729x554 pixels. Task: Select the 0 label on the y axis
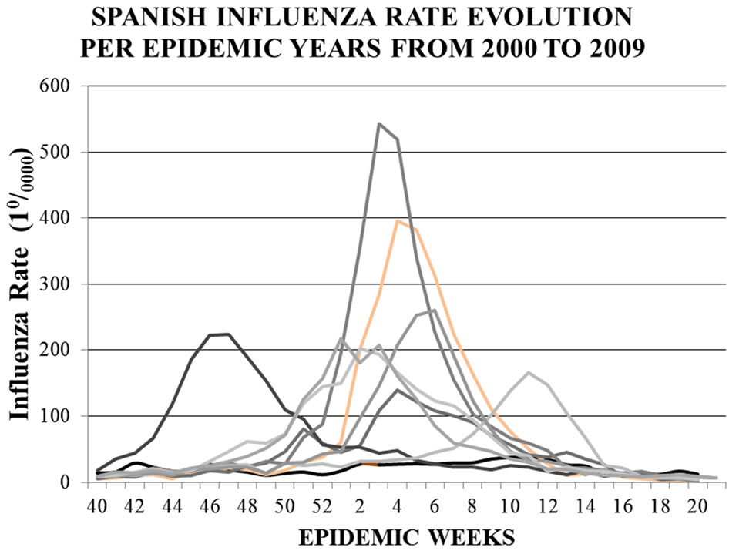click(65, 482)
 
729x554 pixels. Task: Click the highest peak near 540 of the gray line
click(379, 123)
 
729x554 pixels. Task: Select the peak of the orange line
click(398, 221)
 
